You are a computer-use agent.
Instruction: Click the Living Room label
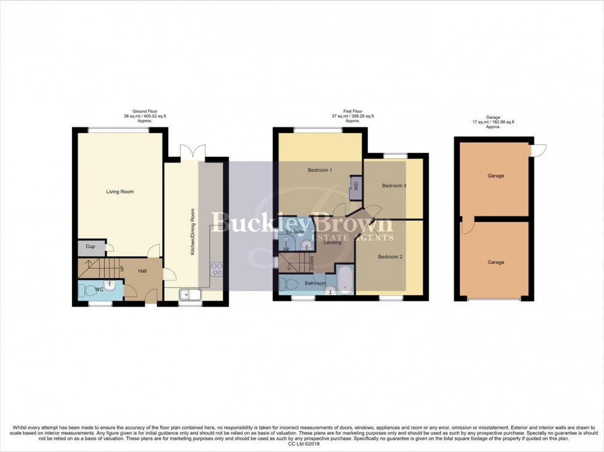pos(120,192)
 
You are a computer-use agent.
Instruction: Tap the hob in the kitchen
pos(217,268)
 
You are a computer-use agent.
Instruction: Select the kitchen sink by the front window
pos(190,294)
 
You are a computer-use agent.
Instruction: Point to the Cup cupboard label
pos(90,247)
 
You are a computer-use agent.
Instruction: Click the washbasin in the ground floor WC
pos(110,285)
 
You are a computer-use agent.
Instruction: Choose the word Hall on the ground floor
pos(142,271)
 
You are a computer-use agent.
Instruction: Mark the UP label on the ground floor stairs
pos(122,268)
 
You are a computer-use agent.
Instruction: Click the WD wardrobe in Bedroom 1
pos(356,187)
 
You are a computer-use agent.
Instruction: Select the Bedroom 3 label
pos(394,185)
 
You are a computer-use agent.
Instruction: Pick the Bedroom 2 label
pos(390,257)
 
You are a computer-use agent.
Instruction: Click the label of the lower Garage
pos(496,262)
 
